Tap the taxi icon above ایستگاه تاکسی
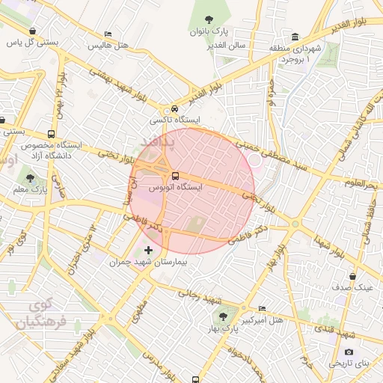point(174,108)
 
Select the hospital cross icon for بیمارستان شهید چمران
point(147,250)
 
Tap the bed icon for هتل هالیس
point(108,34)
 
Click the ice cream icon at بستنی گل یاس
point(33,31)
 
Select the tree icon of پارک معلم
point(30,178)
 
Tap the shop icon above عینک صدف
point(352,275)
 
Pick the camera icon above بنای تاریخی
point(349,352)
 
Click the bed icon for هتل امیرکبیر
point(261,308)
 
